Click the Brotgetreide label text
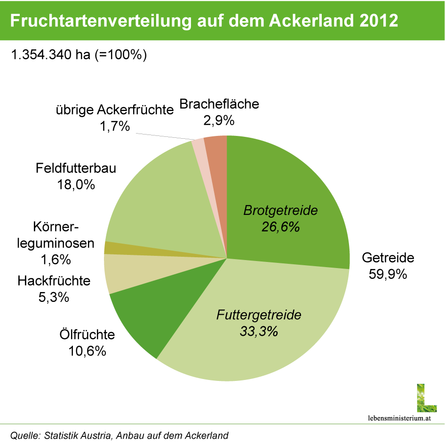click(280, 211)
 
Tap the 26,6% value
click(280, 227)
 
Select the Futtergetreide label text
click(259, 315)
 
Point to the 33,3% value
click(259, 332)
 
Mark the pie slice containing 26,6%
click(292, 188)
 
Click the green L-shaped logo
click(426, 398)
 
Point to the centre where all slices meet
click(227, 258)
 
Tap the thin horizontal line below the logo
click(222, 424)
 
